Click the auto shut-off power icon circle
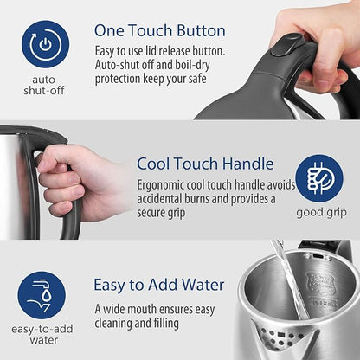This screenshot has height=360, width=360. [45, 44]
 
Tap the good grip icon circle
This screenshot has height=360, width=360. [319, 178]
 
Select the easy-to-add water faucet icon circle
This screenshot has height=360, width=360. [42, 295]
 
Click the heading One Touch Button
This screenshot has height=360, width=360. [159, 31]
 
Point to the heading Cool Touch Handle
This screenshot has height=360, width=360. [205, 164]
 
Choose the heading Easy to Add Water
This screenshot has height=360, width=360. [158, 284]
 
